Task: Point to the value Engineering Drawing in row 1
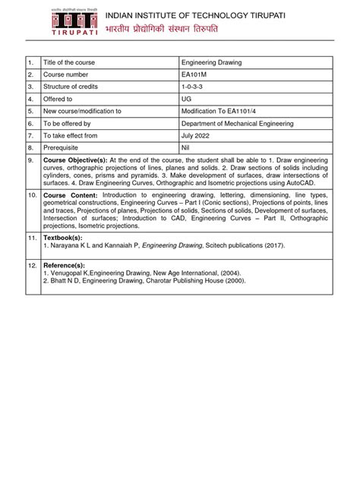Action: coord(211,63)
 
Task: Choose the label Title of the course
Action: coord(70,63)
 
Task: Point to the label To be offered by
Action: coord(69,123)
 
